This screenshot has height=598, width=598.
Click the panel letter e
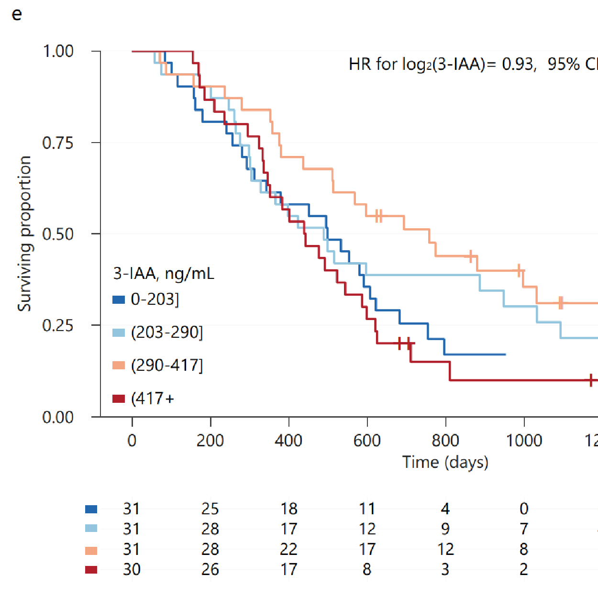(17, 15)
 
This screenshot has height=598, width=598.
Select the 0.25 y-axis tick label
(58, 325)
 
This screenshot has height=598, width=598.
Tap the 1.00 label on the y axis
(58, 51)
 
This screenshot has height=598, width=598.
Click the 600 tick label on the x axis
(367, 440)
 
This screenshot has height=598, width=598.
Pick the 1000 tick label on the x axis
(524, 440)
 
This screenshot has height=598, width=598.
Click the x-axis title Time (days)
(445, 462)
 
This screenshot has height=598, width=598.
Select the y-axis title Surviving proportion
(24, 233)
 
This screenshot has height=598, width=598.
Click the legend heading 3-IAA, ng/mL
(164, 274)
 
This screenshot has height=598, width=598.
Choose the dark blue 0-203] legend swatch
(119, 300)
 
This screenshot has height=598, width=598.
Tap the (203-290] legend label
(167, 332)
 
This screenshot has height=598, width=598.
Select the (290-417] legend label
(167, 365)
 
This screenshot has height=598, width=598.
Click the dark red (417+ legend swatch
(119, 399)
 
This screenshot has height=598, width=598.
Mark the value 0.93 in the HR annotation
(518, 64)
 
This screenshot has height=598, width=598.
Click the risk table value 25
(210, 509)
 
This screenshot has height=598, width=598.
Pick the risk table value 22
(288, 549)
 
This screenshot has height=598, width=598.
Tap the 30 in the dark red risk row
(132, 569)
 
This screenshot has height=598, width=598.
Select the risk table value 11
(367, 509)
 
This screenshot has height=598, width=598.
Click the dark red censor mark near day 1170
(591, 380)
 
